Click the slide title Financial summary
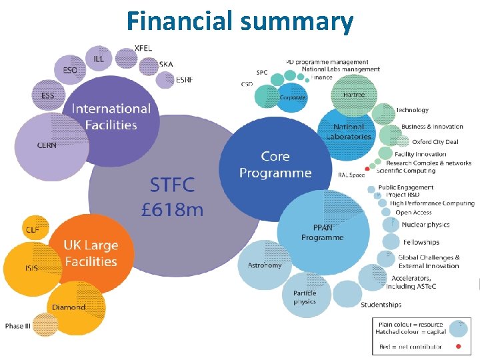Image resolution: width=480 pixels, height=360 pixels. click(x=239, y=21)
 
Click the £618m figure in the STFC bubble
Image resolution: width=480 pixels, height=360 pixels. click(x=173, y=210)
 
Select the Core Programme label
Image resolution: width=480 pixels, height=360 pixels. click(x=275, y=165)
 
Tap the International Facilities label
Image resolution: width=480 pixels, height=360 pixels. click(x=111, y=116)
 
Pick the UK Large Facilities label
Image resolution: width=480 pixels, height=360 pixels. click(x=91, y=253)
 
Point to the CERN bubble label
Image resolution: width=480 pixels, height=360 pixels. click(x=46, y=145)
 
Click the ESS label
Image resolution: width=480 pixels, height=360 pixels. click(x=47, y=96)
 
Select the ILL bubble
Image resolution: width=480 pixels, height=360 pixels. click(x=99, y=59)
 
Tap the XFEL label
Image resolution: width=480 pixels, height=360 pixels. click(x=143, y=48)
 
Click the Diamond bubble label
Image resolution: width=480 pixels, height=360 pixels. click(x=69, y=307)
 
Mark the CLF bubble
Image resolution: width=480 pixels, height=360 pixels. click(x=33, y=229)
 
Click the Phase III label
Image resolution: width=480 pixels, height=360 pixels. click(x=18, y=326)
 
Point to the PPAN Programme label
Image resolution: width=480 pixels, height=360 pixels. click(x=322, y=232)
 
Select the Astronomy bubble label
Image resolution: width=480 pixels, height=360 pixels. click(x=265, y=265)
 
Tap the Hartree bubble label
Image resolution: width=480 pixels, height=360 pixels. click(x=354, y=95)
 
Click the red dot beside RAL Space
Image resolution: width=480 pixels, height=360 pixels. click(x=367, y=169)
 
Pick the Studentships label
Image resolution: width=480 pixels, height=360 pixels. click(x=381, y=305)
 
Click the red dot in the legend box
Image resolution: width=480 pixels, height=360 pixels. click(x=457, y=347)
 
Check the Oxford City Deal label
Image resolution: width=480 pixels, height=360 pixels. click(x=435, y=141)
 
